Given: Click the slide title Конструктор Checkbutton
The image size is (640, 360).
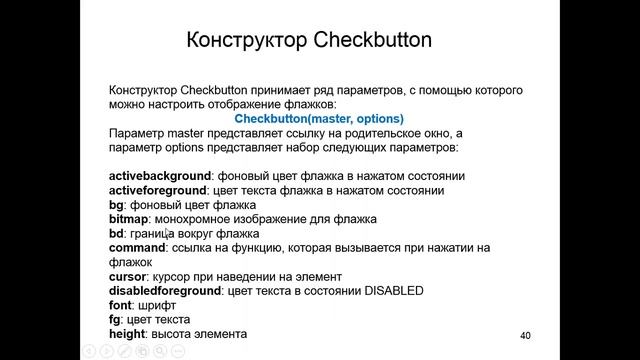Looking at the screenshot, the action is coord(310,41).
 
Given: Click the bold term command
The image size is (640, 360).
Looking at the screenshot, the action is coord(135,247).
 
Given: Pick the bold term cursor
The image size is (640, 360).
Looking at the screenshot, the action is coord(127,276).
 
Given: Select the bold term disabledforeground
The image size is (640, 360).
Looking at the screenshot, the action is coord(164,290).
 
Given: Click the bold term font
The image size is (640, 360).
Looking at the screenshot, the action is coord(120,305).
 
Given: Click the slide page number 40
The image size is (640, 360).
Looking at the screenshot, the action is coord(527,336).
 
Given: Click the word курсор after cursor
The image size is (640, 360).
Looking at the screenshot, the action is coord(174,276).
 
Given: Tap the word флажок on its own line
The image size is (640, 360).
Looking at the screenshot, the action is coord(130,262).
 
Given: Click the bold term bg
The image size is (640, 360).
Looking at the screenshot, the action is coord(116,204).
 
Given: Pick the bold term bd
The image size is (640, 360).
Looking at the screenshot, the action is coord(116,233).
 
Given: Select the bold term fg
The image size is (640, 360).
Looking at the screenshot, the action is coord(114,319).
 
